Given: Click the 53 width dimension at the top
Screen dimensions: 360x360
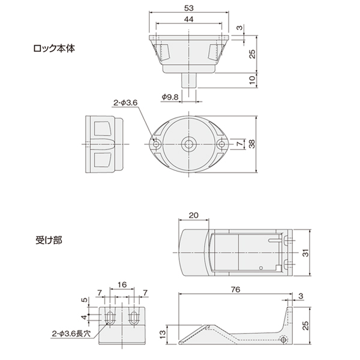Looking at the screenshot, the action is click(x=189, y=8).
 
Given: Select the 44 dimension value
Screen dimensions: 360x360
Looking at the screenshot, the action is click(x=189, y=19).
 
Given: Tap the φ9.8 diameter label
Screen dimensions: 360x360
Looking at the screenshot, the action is click(x=170, y=97).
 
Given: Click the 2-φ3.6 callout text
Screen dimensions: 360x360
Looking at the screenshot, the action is click(x=125, y=103).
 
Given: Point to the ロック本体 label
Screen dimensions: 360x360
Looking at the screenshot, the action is click(x=54, y=49).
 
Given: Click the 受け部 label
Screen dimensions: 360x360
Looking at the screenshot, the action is click(x=49, y=241).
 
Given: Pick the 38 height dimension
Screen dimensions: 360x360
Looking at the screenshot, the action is click(x=252, y=144).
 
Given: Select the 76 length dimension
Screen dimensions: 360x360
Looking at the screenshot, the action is click(x=236, y=290).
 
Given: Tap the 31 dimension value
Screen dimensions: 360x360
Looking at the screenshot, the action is click(x=306, y=253).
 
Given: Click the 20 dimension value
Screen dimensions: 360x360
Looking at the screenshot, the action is click(x=194, y=215).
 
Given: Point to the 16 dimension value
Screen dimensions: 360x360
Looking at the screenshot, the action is click(x=122, y=284).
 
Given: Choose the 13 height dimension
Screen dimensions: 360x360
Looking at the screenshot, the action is click(x=162, y=334).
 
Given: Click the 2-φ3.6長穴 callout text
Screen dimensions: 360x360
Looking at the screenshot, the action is click(x=71, y=334).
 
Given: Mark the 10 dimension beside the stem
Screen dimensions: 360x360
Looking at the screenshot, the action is click(x=252, y=80).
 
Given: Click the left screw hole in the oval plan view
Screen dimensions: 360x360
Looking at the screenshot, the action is click(x=157, y=145).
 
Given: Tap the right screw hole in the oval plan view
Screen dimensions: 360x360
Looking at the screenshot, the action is click(x=221, y=144).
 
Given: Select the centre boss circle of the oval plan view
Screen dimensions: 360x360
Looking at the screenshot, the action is click(x=189, y=145).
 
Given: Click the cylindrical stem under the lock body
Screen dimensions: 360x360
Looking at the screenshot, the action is click(x=189, y=80).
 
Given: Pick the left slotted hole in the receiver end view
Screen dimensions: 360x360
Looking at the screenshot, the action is click(x=110, y=317).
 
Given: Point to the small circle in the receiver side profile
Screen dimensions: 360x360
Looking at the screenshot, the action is click(x=284, y=340).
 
